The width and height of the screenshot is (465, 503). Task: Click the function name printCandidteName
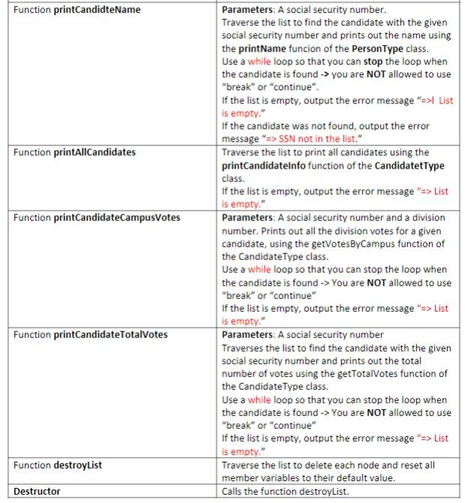click(x=97, y=10)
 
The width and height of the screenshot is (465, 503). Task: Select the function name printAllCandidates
click(x=94, y=152)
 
